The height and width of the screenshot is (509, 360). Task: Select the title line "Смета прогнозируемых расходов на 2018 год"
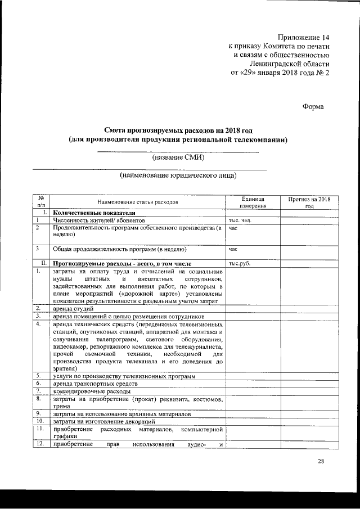178,130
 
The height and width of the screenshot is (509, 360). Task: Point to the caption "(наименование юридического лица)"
178,175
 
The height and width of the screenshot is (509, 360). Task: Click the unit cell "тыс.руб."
239,263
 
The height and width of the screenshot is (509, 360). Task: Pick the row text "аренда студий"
73,309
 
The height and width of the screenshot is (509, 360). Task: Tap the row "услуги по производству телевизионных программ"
124,375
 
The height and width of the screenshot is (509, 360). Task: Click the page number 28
321,462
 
